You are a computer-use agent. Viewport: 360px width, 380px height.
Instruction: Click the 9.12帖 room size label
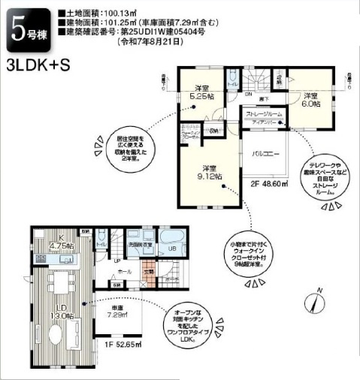(208, 172)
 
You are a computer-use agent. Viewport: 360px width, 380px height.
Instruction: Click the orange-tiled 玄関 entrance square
(150, 279)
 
